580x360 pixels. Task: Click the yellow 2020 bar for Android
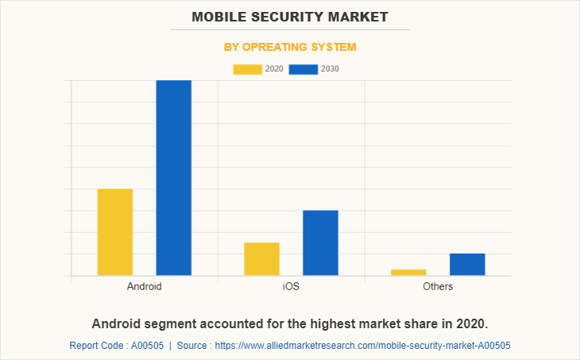[115, 232]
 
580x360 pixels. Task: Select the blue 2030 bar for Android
[173, 178]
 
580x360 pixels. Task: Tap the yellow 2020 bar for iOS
[261, 259]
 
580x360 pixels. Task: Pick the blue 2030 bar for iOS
[320, 243]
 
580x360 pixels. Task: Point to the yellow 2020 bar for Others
[408, 273]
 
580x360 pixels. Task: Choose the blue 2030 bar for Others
[467, 265]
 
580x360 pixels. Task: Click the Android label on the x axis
[145, 286]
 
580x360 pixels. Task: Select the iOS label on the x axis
[291, 286]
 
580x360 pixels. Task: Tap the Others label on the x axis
[438, 286]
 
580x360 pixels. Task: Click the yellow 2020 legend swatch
[247, 69]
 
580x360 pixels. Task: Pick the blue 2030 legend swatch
[303, 69]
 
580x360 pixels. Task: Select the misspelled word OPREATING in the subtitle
[275, 47]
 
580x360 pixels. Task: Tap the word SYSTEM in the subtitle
[334, 47]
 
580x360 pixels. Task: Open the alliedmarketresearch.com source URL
[362, 346]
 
